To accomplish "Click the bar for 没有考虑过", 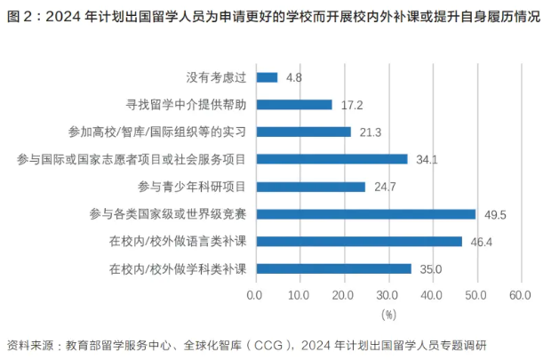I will (267, 77).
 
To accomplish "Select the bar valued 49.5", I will (365, 214).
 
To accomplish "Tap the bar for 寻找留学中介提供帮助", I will (293, 105).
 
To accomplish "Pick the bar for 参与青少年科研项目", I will (310, 187).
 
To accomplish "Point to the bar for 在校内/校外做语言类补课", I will (358, 242).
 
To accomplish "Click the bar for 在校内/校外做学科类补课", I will (333, 268).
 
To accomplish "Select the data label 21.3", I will (371, 132).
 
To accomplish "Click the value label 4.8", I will (294, 78).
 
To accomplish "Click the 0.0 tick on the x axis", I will (256, 294).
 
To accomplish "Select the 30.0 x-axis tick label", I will (388, 294).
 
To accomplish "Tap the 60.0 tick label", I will (520, 294).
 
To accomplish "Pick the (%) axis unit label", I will (388, 314).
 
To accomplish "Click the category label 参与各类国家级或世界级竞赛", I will (169, 214).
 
